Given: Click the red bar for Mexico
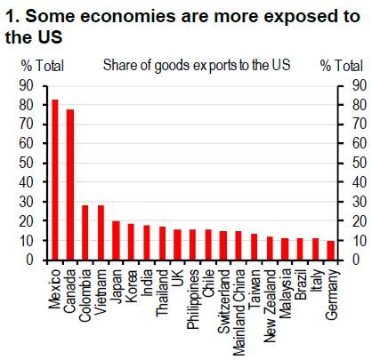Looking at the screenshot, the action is (x=55, y=180).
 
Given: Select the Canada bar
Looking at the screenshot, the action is (x=70, y=185).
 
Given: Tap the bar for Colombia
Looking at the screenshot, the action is (x=85, y=233).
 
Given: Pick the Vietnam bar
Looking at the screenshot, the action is (x=101, y=233).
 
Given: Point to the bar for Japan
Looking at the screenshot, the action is (x=116, y=241).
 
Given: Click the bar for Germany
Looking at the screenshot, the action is (x=330, y=251).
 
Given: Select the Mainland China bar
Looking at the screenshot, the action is (x=239, y=245).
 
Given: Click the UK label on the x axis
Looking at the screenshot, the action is (x=178, y=278).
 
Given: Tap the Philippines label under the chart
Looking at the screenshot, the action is (x=193, y=300).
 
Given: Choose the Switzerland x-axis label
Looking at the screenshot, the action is (x=223, y=301).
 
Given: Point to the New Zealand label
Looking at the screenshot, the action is (x=270, y=306).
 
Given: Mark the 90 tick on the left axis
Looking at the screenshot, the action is (x=26, y=85).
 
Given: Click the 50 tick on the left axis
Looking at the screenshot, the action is (x=26, y=163).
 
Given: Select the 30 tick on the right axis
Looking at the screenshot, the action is (x=360, y=202).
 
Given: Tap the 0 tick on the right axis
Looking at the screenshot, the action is (x=356, y=260).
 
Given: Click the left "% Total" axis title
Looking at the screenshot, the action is (x=43, y=66).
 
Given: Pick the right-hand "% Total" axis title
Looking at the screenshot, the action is (x=342, y=66).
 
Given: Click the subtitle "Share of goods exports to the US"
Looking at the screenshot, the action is (x=197, y=66).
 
